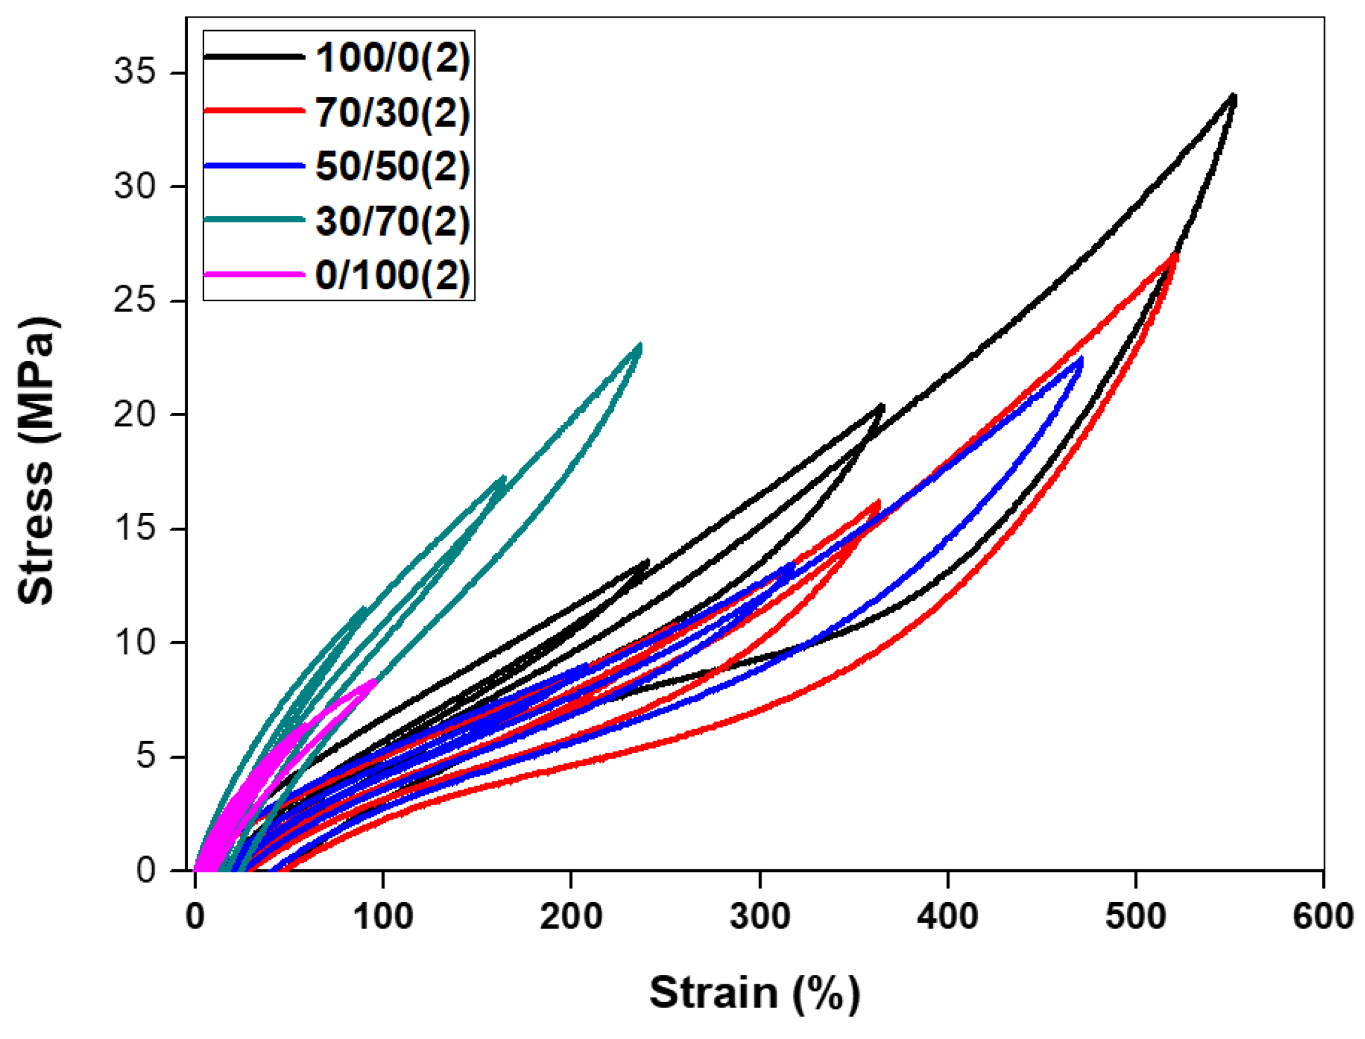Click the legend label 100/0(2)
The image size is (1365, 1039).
click(392, 58)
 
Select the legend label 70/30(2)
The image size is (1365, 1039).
click(392, 113)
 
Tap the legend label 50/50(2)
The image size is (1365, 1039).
click(392, 167)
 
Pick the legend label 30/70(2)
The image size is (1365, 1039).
click(392, 222)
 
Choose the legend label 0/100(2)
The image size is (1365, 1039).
click(392, 276)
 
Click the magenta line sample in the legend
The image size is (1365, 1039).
click(254, 275)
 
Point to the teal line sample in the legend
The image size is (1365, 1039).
click(254, 219)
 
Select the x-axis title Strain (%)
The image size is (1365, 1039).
click(754, 993)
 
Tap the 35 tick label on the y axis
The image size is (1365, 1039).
click(134, 71)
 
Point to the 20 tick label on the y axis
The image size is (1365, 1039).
click(134, 415)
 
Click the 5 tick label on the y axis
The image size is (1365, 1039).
click(145, 756)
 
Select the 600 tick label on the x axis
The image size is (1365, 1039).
click(1322, 917)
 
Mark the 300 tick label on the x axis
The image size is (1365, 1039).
click(759, 917)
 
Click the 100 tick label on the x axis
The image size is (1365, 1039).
click(383, 917)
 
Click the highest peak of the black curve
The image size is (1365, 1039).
click(1234, 96)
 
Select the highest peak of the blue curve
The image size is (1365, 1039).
click(1080, 359)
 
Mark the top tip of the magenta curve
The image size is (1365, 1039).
click(374, 680)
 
